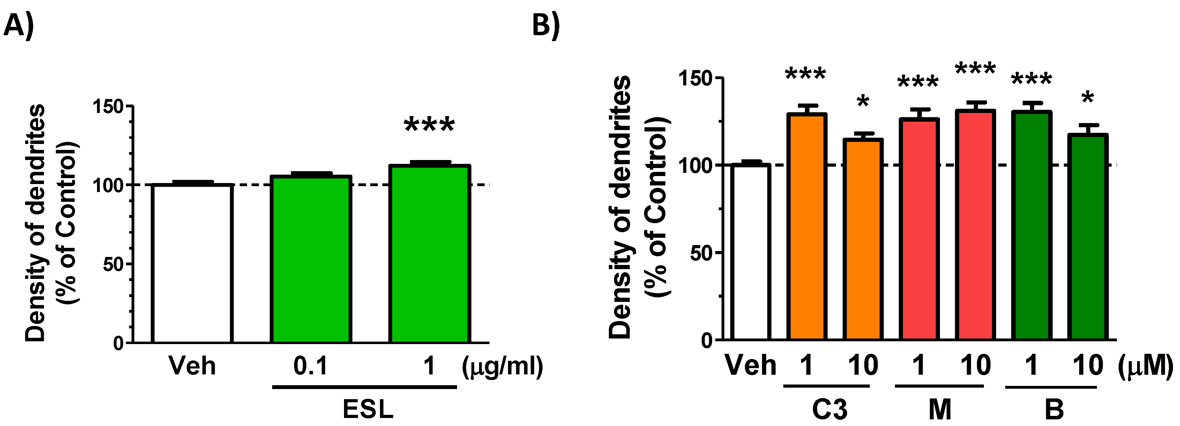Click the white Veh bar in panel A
(192, 264)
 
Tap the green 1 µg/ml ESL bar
(429, 254)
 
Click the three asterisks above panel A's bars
(429, 125)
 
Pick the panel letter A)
(18, 25)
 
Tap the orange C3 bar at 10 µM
(862, 240)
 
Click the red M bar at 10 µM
(975, 225)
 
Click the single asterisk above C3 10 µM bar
(862, 101)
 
